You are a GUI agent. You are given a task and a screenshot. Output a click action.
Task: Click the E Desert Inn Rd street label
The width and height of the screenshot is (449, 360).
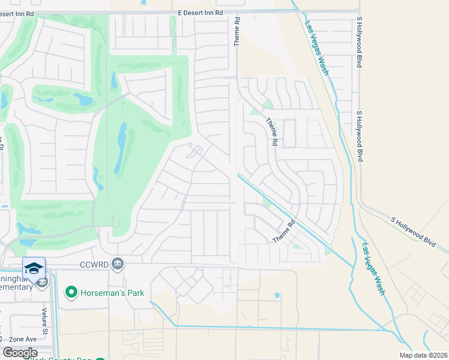(200, 12)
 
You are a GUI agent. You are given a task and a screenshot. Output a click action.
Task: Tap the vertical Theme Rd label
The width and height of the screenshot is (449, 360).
(237, 31)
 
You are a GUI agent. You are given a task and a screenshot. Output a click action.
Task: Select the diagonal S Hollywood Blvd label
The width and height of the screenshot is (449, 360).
(413, 229)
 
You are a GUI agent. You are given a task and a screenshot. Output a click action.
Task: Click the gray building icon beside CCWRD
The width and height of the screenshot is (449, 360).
(118, 263)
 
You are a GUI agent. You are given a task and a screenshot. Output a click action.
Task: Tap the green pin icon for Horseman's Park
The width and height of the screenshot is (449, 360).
(71, 292)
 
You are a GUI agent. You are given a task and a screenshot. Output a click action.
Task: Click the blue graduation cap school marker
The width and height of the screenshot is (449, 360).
(34, 267)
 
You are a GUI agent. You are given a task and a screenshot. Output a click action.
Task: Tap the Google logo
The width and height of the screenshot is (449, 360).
(19, 353)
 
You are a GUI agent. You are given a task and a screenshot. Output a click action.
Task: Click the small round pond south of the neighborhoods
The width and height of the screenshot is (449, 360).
(277, 295)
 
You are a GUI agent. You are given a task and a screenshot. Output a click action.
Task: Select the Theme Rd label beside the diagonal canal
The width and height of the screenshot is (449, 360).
(285, 231)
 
